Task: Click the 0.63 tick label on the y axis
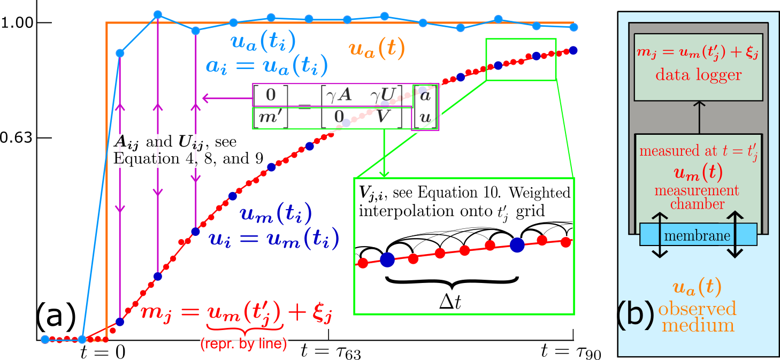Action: click(x=18, y=138)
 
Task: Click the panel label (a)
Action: click(x=56, y=319)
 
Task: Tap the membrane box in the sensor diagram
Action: click(x=698, y=235)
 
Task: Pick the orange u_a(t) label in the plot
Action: click(x=377, y=50)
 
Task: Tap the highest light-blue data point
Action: click(x=158, y=14)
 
